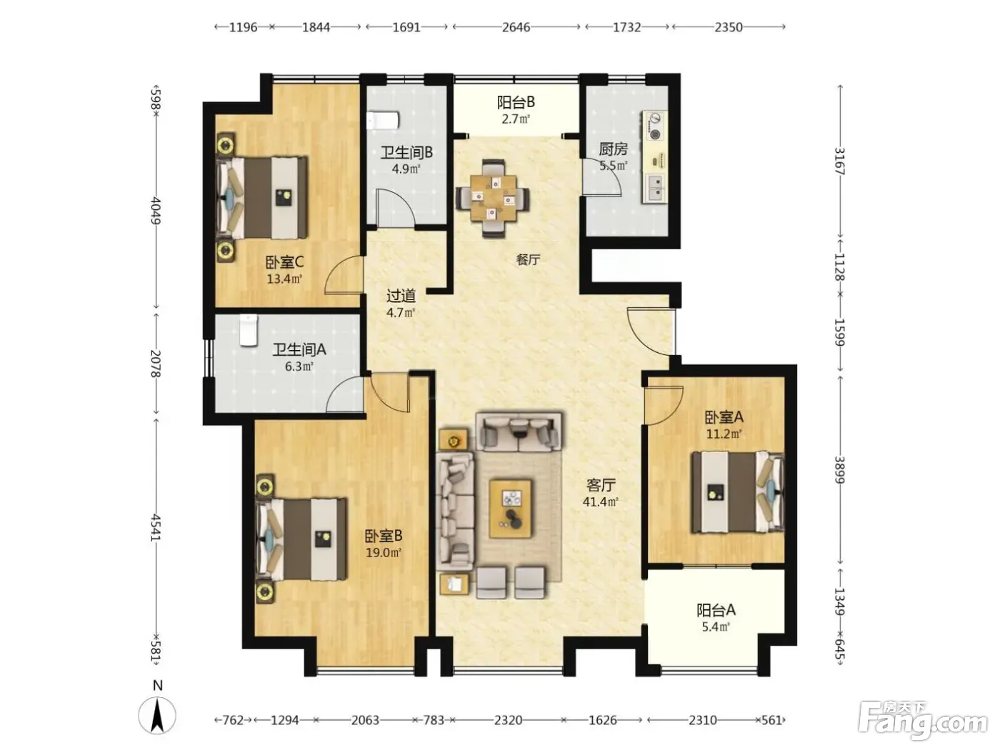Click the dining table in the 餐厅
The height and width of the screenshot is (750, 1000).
(x=494, y=198)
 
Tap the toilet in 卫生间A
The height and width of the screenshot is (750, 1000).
(x=249, y=330)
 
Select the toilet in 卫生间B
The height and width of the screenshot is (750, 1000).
(x=383, y=121)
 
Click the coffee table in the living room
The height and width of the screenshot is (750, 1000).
(x=510, y=508)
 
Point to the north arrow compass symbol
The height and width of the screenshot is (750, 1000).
(x=157, y=714)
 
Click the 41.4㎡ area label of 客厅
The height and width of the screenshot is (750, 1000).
(x=600, y=502)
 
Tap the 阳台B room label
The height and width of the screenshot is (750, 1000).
(x=516, y=102)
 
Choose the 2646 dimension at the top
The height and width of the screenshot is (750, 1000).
(x=516, y=27)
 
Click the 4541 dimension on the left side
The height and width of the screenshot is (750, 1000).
(x=156, y=528)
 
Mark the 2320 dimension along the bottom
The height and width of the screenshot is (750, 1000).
(x=508, y=720)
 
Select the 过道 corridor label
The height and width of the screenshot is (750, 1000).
(x=401, y=296)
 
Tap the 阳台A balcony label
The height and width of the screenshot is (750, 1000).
(x=716, y=610)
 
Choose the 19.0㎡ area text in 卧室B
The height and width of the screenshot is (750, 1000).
(x=384, y=553)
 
